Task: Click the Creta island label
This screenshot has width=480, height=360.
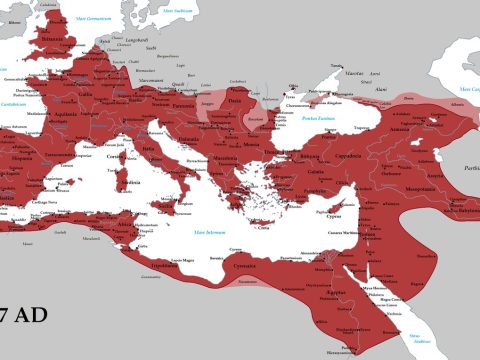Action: click(264, 227)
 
